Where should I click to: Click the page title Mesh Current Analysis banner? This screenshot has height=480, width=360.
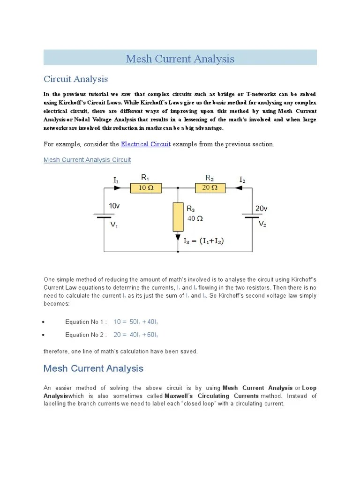(x=180, y=59)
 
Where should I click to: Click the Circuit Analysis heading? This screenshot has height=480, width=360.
(x=75, y=79)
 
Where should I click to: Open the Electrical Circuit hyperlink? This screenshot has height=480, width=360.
(x=146, y=144)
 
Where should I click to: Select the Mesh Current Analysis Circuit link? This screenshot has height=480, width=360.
(x=87, y=160)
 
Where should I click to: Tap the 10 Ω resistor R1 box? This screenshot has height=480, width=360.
(x=146, y=188)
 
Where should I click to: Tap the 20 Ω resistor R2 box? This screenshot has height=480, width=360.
(x=210, y=188)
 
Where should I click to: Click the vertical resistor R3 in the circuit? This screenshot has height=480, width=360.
(x=178, y=217)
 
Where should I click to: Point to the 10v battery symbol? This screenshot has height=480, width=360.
(x=103, y=216)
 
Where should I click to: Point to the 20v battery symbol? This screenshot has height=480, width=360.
(x=252, y=216)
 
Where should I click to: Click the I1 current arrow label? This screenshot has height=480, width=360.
(x=116, y=180)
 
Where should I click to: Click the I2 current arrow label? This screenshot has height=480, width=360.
(x=242, y=180)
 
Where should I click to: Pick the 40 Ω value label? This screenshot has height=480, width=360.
(x=195, y=218)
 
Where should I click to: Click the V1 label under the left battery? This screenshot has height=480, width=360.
(x=114, y=225)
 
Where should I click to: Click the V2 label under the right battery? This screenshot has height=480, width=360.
(x=262, y=224)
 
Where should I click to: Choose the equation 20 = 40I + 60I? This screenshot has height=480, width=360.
(x=139, y=335)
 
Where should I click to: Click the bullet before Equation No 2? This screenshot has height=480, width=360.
(x=44, y=335)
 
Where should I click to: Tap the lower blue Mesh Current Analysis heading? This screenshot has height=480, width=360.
(x=93, y=368)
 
